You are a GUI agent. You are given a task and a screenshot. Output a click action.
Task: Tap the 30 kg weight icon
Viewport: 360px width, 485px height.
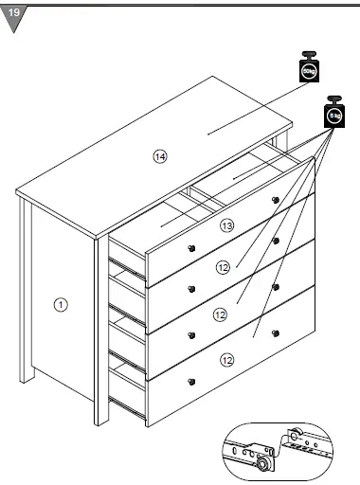[309, 68]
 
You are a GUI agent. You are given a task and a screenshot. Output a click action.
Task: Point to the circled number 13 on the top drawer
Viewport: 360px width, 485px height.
[226, 225]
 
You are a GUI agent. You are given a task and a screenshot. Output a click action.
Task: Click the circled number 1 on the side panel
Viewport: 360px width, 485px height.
[60, 304]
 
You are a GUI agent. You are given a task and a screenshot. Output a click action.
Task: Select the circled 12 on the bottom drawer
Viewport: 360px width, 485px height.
[226, 359]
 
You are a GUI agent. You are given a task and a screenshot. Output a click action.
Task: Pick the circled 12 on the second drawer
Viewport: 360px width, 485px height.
[223, 268]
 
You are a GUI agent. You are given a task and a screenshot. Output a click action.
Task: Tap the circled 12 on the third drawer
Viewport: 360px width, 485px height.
[219, 314]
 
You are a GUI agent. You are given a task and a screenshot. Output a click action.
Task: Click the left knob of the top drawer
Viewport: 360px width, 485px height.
[190, 247]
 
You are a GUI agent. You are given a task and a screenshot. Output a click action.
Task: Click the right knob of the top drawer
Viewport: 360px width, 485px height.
[276, 199]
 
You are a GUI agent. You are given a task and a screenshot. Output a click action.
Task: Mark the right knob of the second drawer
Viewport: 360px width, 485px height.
[276, 242]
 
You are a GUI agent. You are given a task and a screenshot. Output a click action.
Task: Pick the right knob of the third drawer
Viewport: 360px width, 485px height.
[276, 287]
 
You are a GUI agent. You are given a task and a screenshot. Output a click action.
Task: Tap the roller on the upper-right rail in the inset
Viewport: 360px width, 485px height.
[296, 437]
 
